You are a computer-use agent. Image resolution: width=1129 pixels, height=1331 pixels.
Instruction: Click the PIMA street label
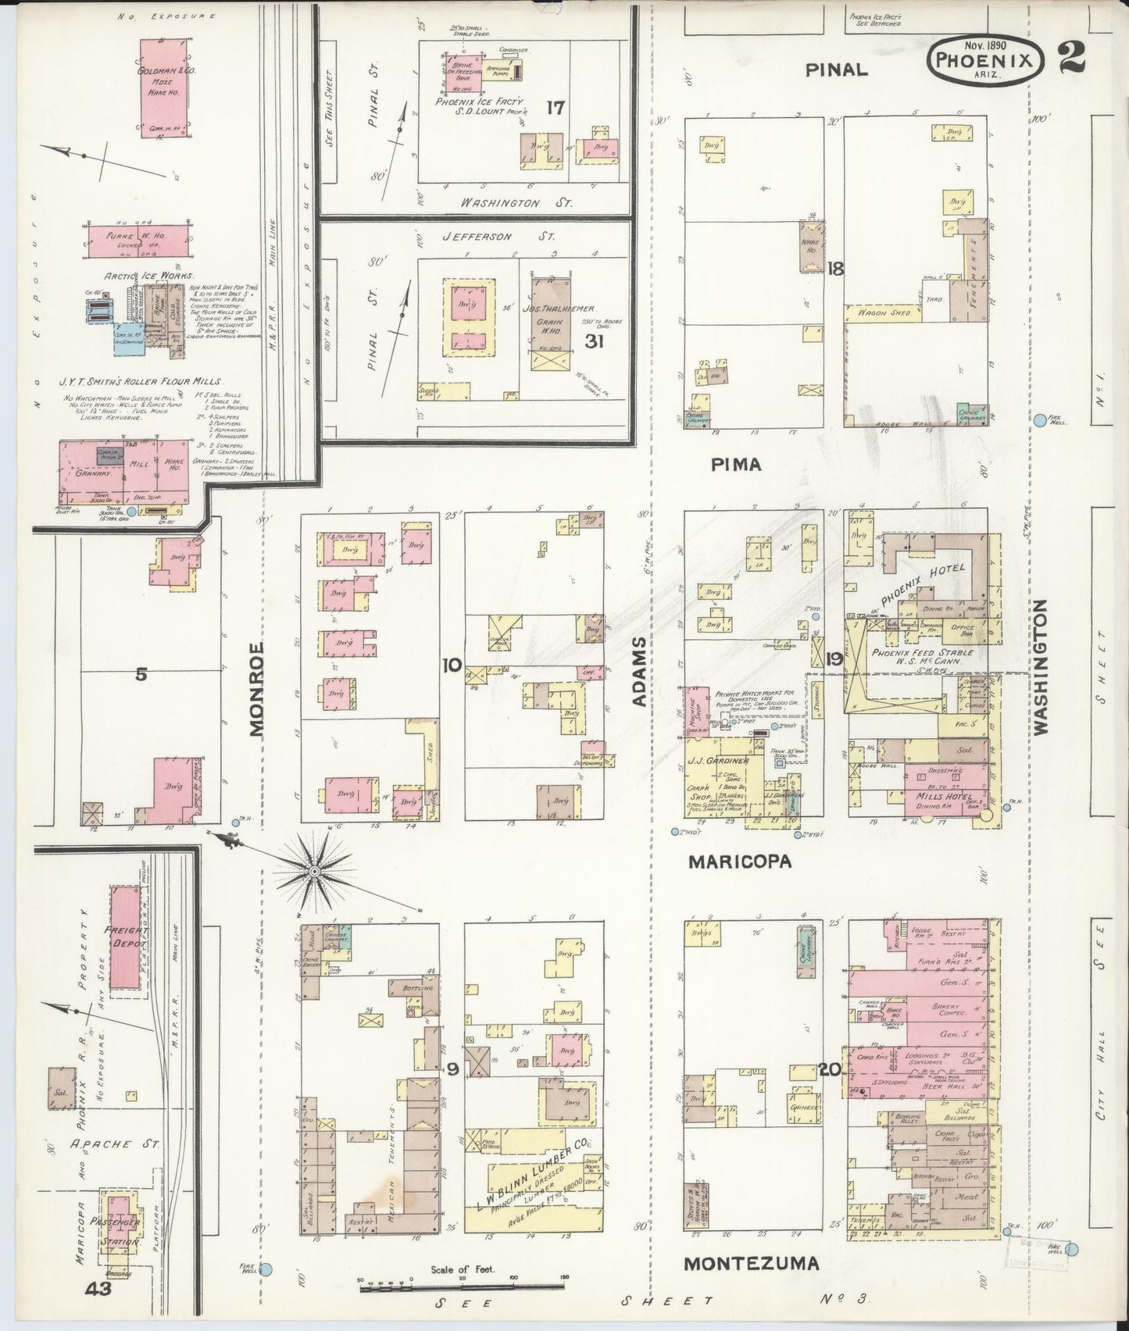[736, 465]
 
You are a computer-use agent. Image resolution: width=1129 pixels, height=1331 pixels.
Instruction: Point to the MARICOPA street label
[740, 862]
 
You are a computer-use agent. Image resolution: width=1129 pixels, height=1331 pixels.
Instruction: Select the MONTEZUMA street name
[752, 1263]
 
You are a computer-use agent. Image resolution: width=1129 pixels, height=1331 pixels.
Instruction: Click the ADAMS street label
[639, 672]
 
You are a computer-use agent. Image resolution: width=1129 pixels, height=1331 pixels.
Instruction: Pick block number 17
[556, 107]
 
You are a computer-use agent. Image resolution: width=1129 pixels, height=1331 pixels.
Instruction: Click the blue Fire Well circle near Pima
[1040, 420]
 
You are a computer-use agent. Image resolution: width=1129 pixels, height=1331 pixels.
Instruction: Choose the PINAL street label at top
[837, 70]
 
